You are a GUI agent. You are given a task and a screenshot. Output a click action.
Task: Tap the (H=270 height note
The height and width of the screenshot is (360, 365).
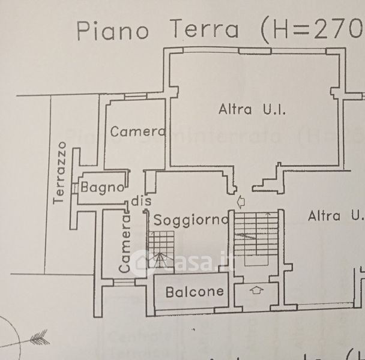coord(306,30)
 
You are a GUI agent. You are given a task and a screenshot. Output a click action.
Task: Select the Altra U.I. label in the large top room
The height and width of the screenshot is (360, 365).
coord(252,110)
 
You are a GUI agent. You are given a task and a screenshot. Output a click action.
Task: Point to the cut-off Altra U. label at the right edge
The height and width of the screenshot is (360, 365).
coord(335,216)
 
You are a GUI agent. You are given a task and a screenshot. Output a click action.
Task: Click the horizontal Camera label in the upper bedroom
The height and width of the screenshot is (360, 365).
coord(137,131)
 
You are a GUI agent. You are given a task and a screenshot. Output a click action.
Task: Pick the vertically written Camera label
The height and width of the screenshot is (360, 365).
coord(125,244)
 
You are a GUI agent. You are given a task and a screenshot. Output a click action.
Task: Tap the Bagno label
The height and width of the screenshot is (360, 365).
coord(103,187)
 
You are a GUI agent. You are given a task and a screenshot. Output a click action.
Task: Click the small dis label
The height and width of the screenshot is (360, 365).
coord(139,201)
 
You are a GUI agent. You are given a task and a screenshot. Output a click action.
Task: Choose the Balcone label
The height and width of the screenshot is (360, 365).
coord(195,292)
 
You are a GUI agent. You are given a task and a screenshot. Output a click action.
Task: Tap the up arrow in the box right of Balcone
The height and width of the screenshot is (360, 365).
coord(256,291)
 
